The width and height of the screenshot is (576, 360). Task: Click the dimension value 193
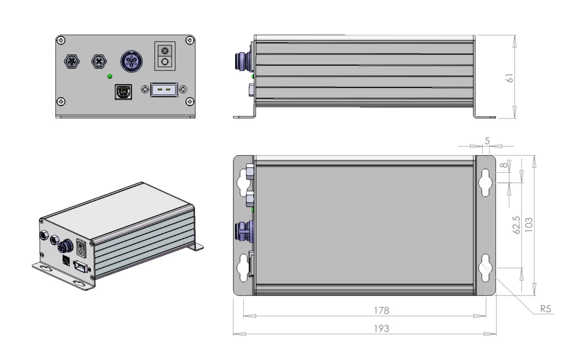tap(381, 328)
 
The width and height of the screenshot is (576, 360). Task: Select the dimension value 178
tap(381, 311)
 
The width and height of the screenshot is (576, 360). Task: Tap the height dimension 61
tap(510, 78)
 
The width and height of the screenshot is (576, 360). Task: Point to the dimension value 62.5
tap(516, 226)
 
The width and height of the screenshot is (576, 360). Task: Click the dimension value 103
tap(529, 225)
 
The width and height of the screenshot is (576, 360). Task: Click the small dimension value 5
tap(487, 141)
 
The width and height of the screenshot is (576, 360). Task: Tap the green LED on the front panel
tap(110, 77)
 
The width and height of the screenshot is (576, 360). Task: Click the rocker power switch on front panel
tap(165, 56)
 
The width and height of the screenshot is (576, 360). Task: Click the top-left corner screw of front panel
tap(61, 40)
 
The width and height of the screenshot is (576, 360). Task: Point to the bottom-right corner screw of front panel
tap(190, 102)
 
